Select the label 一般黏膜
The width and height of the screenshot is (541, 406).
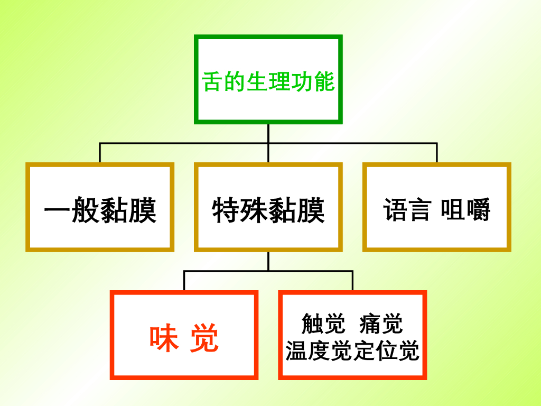pos(100,210)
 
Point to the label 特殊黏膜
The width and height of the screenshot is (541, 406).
pos(268,210)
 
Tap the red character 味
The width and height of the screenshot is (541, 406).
pos(164,338)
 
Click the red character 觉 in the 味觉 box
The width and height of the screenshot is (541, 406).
pos(204,338)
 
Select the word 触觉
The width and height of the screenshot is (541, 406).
pos(323,324)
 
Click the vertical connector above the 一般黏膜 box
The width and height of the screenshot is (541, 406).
pos(100,153)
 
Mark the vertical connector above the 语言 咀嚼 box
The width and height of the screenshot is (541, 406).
pos(437,153)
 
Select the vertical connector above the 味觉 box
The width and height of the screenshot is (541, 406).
pos(184,281)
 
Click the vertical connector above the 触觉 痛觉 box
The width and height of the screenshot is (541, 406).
pos(352,281)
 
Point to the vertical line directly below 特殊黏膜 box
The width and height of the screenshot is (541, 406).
pos(268,261)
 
